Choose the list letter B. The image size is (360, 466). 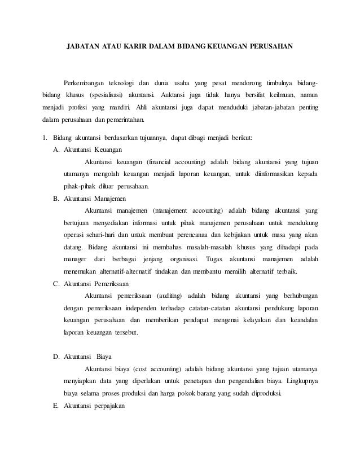point(55,199)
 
